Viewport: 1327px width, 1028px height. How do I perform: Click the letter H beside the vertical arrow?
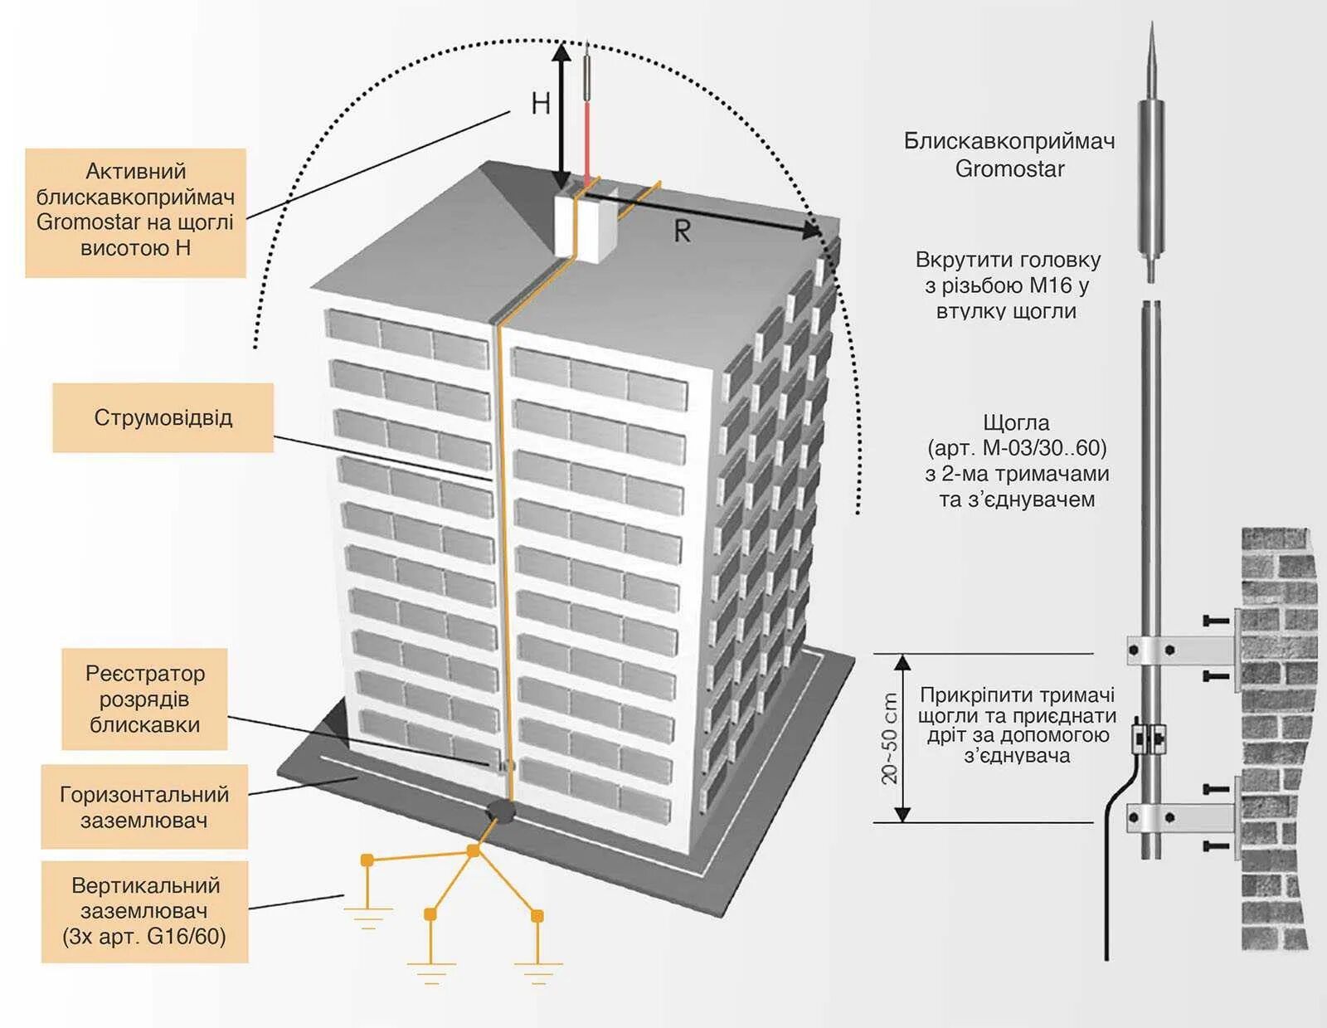[x=541, y=104]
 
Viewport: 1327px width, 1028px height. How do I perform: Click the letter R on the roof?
[x=682, y=231]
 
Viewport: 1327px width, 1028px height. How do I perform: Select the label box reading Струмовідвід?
[x=163, y=417]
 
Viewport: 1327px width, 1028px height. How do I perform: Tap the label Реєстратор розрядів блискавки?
[x=144, y=699]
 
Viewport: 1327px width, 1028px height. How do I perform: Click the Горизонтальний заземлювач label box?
[x=144, y=806]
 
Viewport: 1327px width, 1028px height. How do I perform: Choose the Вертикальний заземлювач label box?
[x=144, y=911]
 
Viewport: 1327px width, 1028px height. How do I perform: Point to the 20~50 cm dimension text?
[x=889, y=738]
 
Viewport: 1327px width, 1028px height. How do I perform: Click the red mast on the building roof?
[x=587, y=137]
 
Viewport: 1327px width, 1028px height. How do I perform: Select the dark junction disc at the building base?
[x=499, y=811]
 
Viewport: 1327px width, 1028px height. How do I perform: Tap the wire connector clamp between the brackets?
[x=1150, y=737]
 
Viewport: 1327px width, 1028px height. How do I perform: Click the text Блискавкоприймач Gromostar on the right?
[x=1009, y=155]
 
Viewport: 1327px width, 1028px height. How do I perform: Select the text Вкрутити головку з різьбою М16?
[x=1008, y=285]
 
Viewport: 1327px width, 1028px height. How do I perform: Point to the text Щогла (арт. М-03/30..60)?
[x=1017, y=460]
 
